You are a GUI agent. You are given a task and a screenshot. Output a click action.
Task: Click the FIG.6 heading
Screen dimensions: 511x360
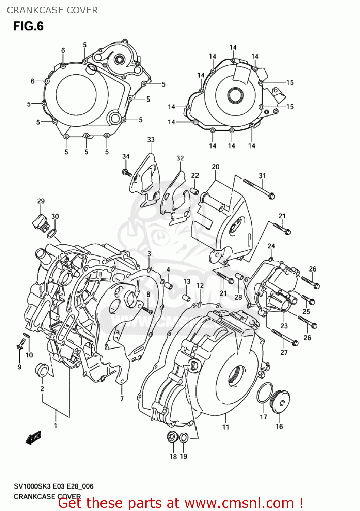(x=28, y=26)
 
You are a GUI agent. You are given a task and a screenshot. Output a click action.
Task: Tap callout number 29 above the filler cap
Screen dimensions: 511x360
(x=41, y=201)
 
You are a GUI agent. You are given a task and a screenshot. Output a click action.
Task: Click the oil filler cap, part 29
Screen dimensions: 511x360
(x=39, y=222)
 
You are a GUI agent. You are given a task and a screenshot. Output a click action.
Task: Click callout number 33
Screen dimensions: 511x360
(x=151, y=140)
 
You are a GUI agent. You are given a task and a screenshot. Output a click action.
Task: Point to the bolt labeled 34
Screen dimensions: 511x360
(x=126, y=172)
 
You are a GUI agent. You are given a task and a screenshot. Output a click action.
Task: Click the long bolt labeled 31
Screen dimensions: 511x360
(x=259, y=188)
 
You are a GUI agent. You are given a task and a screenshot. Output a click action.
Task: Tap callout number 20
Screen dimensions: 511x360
(x=216, y=167)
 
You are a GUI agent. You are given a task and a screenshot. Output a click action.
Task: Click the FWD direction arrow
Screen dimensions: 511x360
(x=33, y=438)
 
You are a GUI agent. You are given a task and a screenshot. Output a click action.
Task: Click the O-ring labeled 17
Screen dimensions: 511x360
(x=265, y=392)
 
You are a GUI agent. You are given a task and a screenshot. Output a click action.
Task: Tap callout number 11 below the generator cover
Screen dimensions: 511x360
(x=226, y=427)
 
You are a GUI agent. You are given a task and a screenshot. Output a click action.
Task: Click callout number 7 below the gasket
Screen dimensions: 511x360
(x=122, y=398)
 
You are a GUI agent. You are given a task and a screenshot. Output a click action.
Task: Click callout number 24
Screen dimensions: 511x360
(x=271, y=246)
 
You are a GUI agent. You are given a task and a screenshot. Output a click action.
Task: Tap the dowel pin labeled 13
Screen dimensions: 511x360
(x=186, y=297)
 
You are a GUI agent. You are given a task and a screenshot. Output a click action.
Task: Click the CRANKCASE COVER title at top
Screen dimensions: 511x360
(x=52, y=10)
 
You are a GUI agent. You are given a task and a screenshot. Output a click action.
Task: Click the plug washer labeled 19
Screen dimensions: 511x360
(x=183, y=437)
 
